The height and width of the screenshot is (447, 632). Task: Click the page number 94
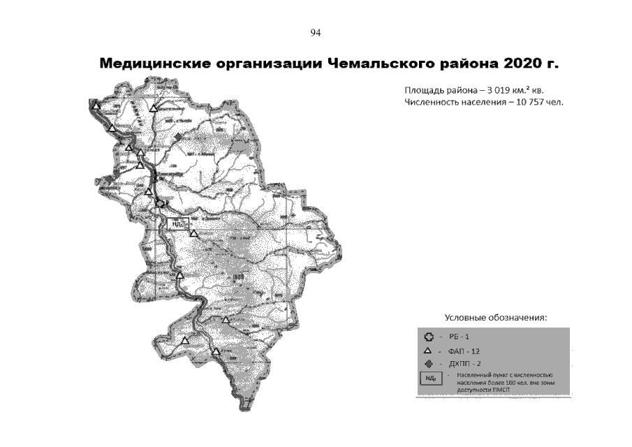click(315, 32)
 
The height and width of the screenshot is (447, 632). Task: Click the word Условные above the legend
click(465, 318)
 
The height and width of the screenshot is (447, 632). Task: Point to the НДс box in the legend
click(430, 379)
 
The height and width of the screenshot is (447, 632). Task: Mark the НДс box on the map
click(177, 223)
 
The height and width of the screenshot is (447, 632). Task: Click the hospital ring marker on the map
click(161, 203)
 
